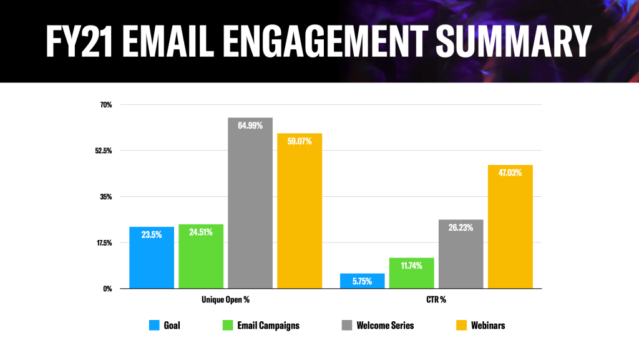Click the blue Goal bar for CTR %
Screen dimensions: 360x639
click(x=362, y=281)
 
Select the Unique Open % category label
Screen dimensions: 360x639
click(x=225, y=300)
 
